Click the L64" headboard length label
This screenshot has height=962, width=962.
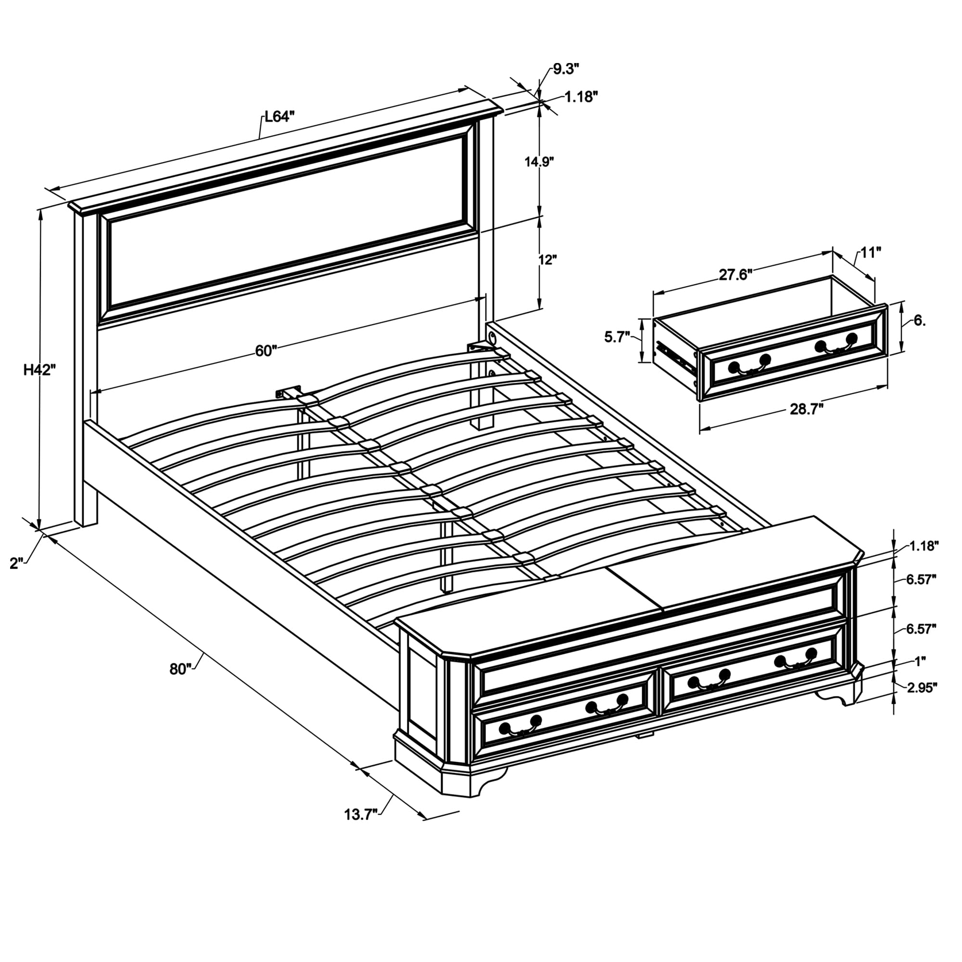coord(279,117)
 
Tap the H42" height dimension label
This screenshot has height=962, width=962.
coord(39,370)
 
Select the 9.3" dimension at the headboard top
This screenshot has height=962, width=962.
coord(566,69)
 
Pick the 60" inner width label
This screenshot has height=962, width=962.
coord(266,351)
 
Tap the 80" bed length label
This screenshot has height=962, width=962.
coord(180,669)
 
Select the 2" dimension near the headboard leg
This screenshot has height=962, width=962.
coord(16,563)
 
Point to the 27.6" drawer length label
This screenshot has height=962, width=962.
coord(735,275)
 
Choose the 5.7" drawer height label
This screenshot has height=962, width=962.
coord(618,337)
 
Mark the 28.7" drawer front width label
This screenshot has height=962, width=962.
coord(807,409)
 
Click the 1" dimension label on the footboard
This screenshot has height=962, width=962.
coord(919,661)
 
